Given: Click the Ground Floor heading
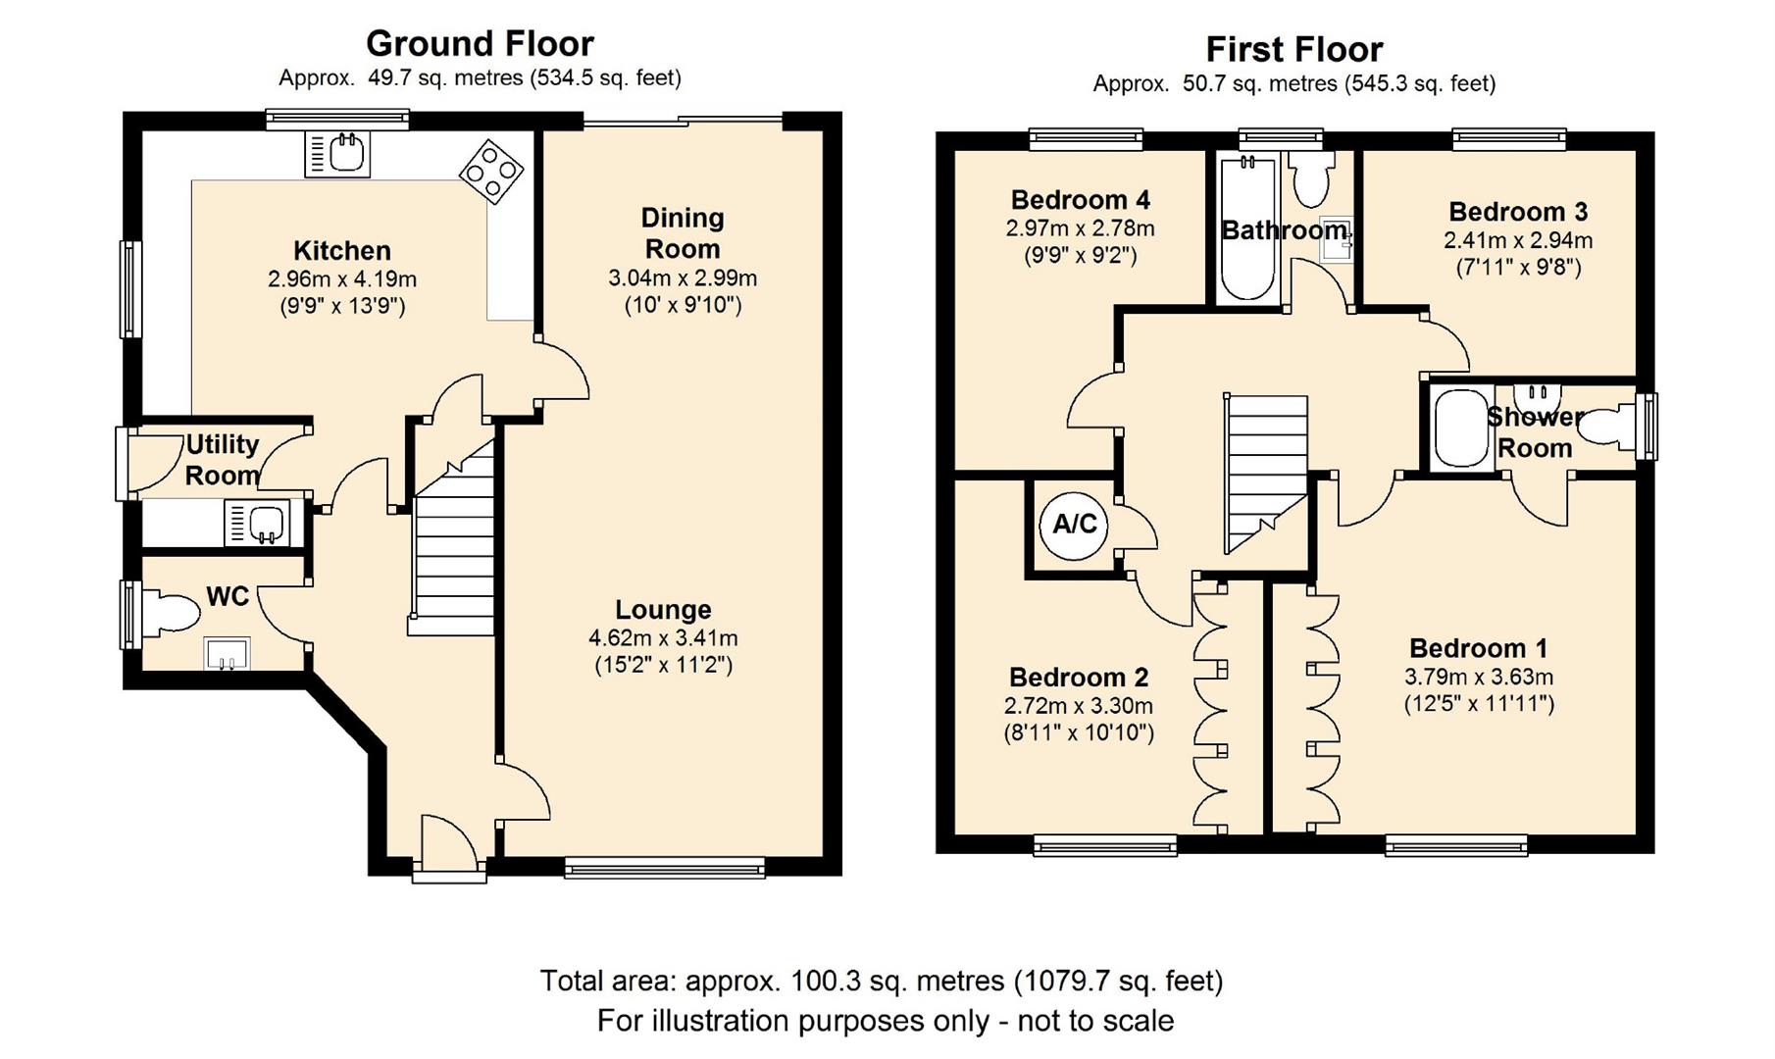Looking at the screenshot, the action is click(x=480, y=44).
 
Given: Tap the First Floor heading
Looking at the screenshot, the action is click(x=1293, y=49).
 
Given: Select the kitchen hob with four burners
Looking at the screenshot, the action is click(x=490, y=172).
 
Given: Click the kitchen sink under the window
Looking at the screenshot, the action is click(x=338, y=154).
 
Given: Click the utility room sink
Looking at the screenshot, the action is click(x=257, y=523).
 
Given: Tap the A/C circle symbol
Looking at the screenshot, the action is click(x=1074, y=525).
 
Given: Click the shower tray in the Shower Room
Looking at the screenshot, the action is click(x=1460, y=429).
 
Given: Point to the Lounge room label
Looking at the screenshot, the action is click(x=663, y=610).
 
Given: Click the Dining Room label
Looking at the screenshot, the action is click(x=683, y=233).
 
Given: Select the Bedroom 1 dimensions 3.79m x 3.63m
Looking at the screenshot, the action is click(x=1479, y=677).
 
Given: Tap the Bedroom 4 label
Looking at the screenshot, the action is click(x=1080, y=200).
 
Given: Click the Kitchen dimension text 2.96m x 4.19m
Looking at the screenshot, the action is click(x=342, y=279).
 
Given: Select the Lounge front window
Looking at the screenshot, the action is click(x=664, y=866).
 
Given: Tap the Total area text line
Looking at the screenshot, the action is click(x=881, y=981).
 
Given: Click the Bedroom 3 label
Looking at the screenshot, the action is click(x=1517, y=212).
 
